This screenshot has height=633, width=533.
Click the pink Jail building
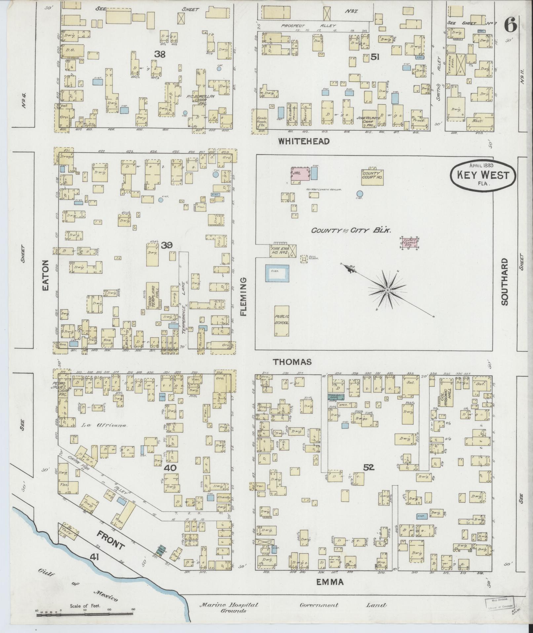point(300,174)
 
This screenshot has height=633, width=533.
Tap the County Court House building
point(372,176)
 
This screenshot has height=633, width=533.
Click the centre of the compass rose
point(387,290)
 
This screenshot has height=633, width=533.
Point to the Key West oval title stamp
point(482,176)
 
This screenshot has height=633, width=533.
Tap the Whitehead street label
point(304,142)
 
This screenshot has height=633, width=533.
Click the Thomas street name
point(292,362)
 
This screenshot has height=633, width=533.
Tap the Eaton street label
point(46,275)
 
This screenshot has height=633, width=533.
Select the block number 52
point(368,468)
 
